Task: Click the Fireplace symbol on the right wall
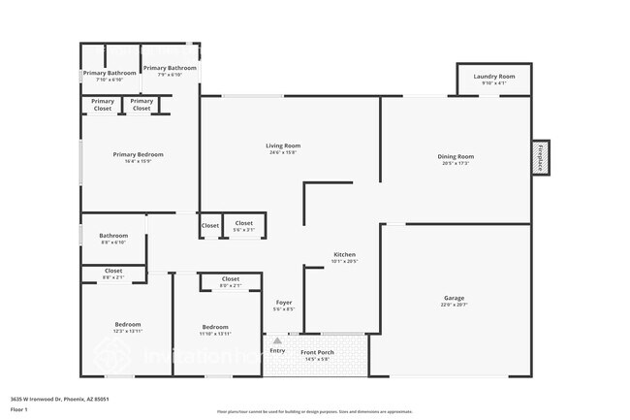(540, 157)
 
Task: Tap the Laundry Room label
(493, 77)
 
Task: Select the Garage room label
(454, 298)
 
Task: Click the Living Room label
(283, 146)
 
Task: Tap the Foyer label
(284, 302)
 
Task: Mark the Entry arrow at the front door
(277, 340)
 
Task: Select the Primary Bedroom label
(138, 155)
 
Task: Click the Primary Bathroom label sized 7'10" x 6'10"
(110, 74)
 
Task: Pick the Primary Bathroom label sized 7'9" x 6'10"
(170, 69)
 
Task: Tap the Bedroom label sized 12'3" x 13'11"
(128, 325)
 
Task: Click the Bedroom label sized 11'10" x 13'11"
(215, 327)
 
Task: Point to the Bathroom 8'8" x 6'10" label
(113, 236)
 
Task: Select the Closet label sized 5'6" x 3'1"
(243, 224)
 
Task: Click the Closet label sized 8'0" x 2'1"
(230, 279)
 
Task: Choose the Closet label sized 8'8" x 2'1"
(113, 272)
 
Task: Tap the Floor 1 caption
(19, 409)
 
